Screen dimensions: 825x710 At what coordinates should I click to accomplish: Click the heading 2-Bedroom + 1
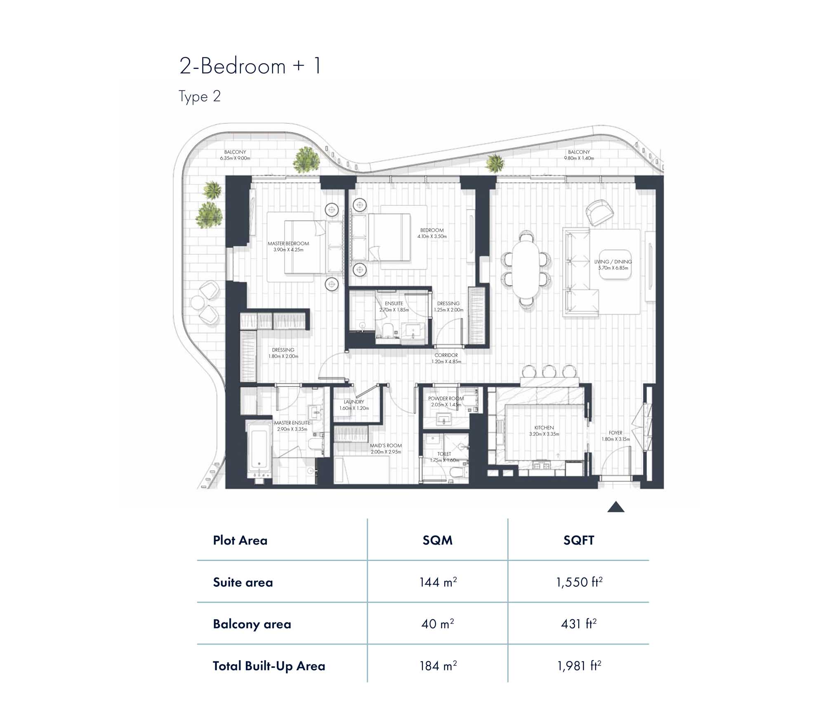pyautogui.click(x=250, y=66)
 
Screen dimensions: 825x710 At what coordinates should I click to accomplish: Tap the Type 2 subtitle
pyautogui.click(x=200, y=97)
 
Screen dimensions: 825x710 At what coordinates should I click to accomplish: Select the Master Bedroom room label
pyautogui.click(x=288, y=243)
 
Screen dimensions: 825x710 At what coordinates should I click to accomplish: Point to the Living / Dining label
pyautogui.click(x=613, y=262)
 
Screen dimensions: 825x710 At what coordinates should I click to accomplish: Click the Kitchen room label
pyautogui.click(x=544, y=428)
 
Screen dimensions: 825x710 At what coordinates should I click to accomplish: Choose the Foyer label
pyautogui.click(x=615, y=433)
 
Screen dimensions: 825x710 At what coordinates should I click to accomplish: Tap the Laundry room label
pyautogui.click(x=354, y=402)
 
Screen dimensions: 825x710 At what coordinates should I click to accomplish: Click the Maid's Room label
pyautogui.click(x=386, y=446)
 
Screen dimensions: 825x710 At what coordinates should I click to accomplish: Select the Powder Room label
pyautogui.click(x=446, y=399)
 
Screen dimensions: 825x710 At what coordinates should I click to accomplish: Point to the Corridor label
pyautogui.click(x=446, y=355)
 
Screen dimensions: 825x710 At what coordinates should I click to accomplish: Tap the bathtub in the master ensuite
pyautogui.click(x=259, y=451)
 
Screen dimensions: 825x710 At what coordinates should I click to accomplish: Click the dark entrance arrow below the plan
pyautogui.click(x=616, y=507)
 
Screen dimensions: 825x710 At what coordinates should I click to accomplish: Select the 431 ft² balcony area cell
pyautogui.click(x=579, y=624)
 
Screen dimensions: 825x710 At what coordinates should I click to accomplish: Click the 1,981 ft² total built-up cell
pyautogui.click(x=579, y=666)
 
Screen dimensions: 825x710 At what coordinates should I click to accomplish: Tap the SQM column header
pyautogui.click(x=438, y=540)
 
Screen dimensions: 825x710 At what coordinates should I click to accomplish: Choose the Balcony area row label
pyautogui.click(x=252, y=624)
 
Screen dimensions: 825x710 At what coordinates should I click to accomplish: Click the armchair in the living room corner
pyautogui.click(x=600, y=212)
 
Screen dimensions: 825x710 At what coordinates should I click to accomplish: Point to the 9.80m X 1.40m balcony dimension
pyautogui.click(x=579, y=158)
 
